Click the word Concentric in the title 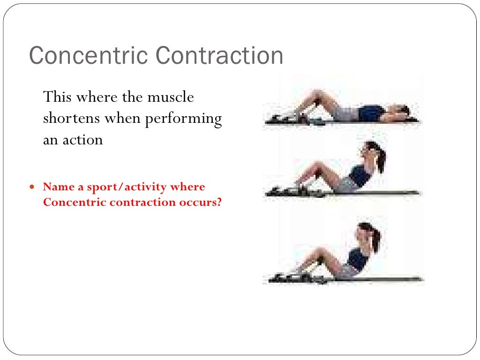(89, 56)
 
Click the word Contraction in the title (220, 56)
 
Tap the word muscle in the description (171, 97)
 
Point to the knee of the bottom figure (321, 253)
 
